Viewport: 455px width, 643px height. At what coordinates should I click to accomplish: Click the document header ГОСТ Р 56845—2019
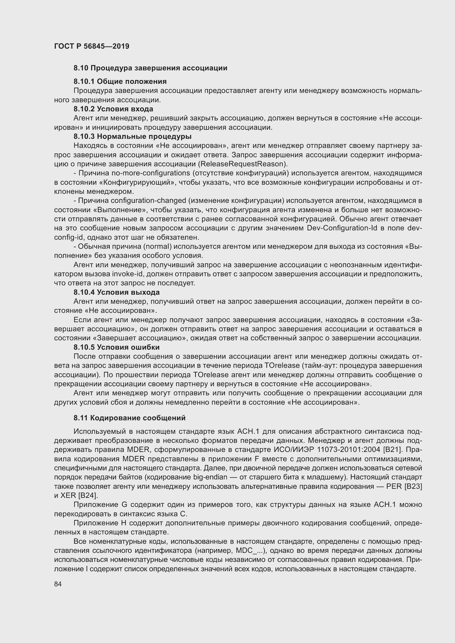pyautogui.click(x=92, y=46)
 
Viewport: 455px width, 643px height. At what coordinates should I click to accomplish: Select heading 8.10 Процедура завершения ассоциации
pyautogui.click(x=150, y=68)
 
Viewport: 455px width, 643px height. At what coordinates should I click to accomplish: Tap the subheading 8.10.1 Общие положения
pyautogui.click(x=120, y=81)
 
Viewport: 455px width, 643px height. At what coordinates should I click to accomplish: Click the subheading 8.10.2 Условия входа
pyautogui.click(x=113, y=109)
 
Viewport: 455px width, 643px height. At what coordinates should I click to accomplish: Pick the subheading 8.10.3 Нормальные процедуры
pyautogui.click(x=133, y=136)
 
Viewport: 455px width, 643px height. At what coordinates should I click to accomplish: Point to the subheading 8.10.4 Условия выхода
pyautogui.click(x=117, y=292)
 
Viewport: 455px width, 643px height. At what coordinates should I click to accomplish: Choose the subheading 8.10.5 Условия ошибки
pyautogui.click(x=117, y=347)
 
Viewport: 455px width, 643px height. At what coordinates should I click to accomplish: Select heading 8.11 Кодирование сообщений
pyautogui.click(x=130, y=418)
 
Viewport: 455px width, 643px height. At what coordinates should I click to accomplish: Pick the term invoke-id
pyautogui.click(x=127, y=274)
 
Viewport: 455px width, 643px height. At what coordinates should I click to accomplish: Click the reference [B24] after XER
pyautogui.click(x=88, y=495)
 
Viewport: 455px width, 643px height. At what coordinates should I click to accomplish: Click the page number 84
pyautogui.click(x=58, y=584)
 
